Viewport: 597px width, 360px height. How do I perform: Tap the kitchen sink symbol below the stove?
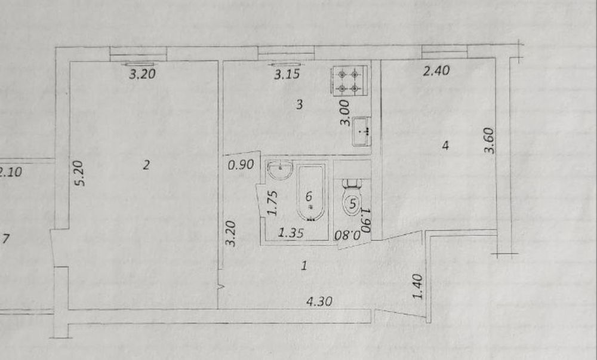362,131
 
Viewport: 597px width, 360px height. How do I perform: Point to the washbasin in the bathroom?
279,172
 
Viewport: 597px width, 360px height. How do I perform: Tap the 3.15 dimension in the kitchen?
286,75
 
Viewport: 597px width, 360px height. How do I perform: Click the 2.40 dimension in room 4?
436,72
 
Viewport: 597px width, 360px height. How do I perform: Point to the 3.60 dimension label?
491,142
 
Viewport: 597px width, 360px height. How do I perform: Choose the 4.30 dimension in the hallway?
319,302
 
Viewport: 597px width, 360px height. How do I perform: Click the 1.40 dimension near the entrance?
418,287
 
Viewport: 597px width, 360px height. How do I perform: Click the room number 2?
146,165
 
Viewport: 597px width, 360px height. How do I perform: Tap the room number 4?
445,144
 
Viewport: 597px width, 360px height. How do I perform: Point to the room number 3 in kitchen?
300,105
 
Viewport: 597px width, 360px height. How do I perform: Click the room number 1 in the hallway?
304,266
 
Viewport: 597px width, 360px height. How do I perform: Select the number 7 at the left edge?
6,239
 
